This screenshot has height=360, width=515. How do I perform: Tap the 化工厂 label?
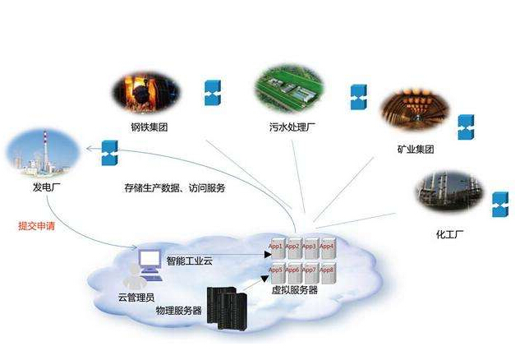(x=451, y=234)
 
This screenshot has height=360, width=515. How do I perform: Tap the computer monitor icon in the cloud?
(x=149, y=261)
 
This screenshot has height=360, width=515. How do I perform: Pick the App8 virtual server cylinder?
(x=327, y=274)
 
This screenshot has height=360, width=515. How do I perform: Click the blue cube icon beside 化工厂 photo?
(x=499, y=204)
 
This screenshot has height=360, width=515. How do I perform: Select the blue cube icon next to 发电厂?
(x=108, y=152)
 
